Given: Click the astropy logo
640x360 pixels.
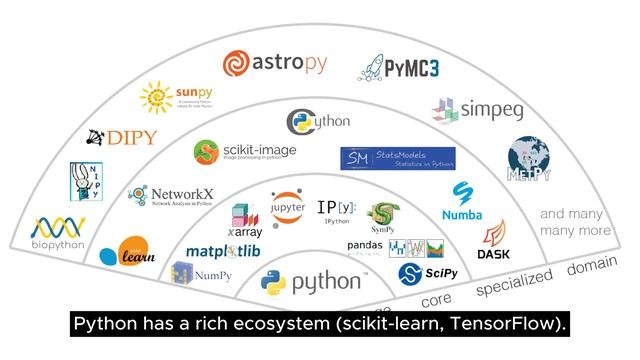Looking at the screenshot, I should click(274, 65).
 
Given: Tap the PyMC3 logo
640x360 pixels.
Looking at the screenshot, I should click(399, 68).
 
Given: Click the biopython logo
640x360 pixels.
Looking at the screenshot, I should click(58, 234).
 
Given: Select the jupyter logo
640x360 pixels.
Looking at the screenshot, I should click(287, 208).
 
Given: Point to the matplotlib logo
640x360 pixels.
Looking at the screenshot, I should click(223, 250).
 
